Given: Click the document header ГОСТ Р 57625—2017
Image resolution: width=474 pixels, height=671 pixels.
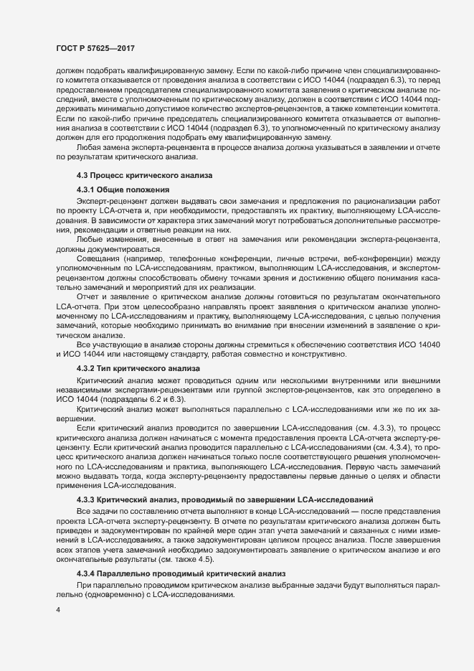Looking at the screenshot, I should coord(95,48).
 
